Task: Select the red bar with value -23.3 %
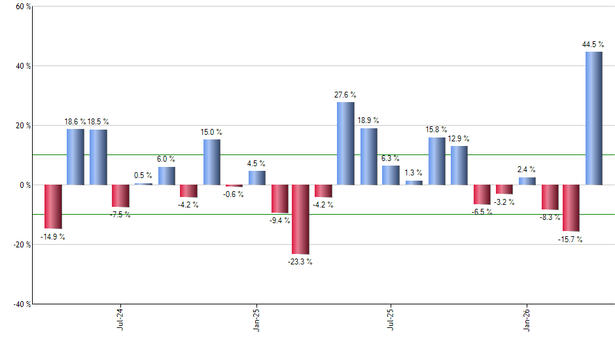[x=300, y=219]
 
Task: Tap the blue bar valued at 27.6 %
[x=345, y=143]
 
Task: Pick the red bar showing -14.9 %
[x=53, y=206]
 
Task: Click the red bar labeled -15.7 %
[x=571, y=207]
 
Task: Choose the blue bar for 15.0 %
[x=211, y=162]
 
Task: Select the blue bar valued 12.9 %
[x=459, y=165]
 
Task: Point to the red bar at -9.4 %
[x=279, y=198]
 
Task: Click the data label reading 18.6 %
[x=76, y=122]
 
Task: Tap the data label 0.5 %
[x=143, y=175]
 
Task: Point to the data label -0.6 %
[x=233, y=194]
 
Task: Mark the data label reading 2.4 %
[x=527, y=170]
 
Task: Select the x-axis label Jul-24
[x=120, y=319]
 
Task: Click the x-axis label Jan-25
[x=256, y=319]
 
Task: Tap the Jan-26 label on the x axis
[x=527, y=319]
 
